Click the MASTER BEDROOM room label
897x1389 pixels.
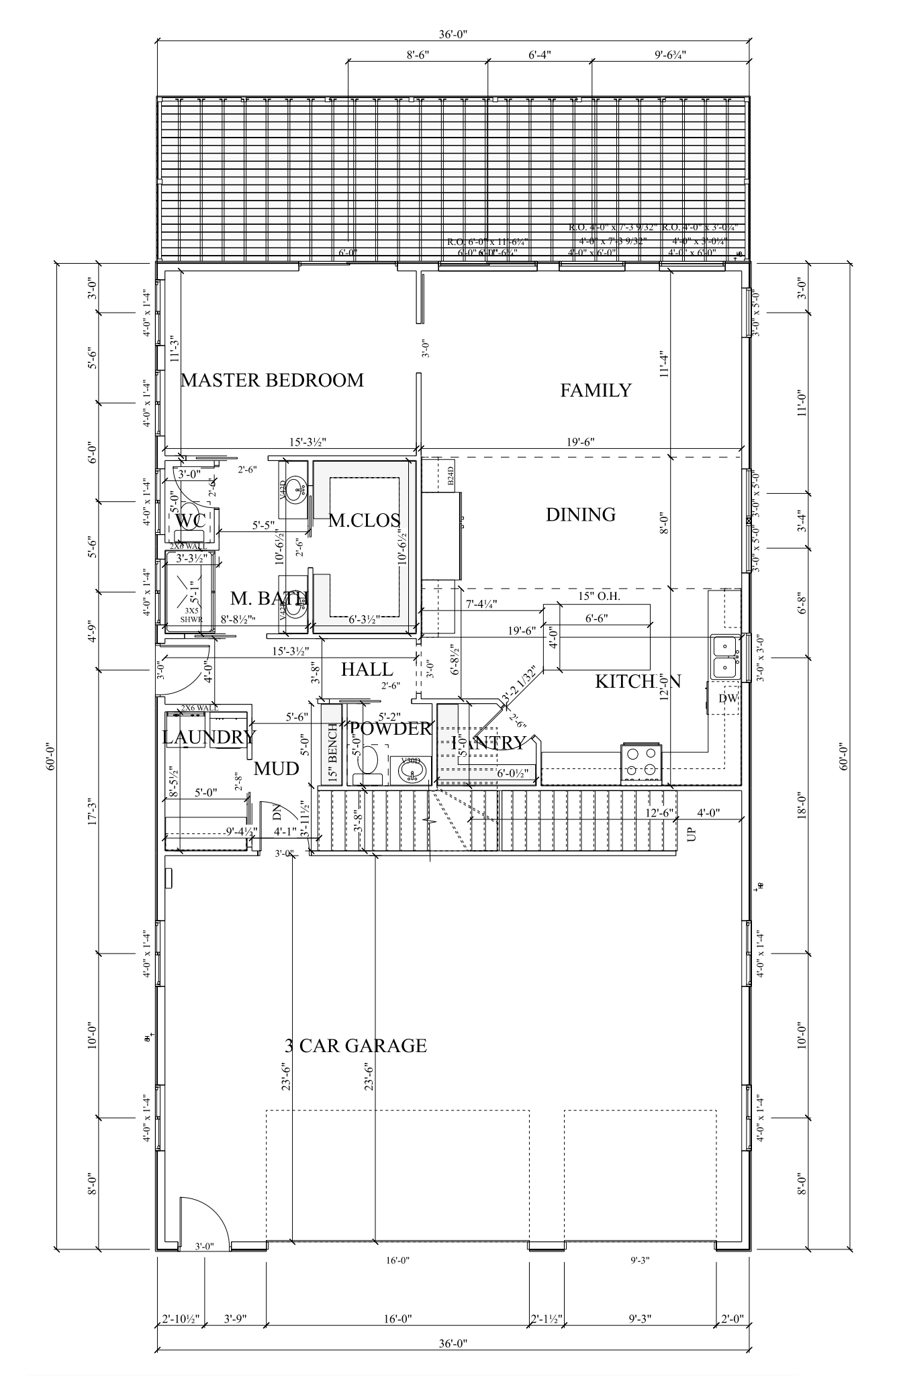point(272,380)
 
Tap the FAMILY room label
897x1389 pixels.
point(596,390)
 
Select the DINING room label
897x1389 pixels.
point(580,515)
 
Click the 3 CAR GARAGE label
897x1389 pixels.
point(356,1046)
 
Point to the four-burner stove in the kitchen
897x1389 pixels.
point(642,763)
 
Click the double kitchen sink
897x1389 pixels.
point(724,656)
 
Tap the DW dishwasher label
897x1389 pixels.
point(728,699)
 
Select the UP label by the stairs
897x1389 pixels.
point(692,834)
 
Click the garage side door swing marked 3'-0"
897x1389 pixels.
point(203,1224)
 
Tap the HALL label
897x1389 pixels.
point(367,669)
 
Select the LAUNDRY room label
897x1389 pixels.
point(209,737)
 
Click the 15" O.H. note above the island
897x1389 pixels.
point(598,596)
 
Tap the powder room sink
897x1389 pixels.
point(411,772)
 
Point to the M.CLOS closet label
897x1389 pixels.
point(364,520)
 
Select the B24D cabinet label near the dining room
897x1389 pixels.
point(451,476)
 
